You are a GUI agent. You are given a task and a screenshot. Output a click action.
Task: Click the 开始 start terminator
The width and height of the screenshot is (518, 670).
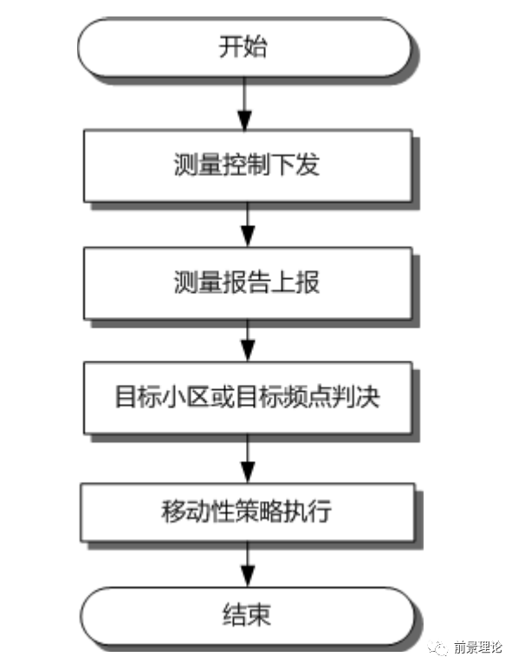click(x=244, y=48)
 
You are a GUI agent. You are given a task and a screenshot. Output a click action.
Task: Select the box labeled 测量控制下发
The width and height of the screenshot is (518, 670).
click(x=248, y=166)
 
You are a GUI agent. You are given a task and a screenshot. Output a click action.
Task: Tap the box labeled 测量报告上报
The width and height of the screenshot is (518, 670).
click(x=248, y=283)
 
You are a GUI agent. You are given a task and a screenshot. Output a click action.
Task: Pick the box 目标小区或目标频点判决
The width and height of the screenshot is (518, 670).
click(x=248, y=398)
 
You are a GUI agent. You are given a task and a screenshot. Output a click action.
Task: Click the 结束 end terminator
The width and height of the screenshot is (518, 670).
click(x=248, y=615)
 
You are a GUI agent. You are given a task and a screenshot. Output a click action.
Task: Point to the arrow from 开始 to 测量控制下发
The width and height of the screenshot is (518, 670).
click(x=244, y=104)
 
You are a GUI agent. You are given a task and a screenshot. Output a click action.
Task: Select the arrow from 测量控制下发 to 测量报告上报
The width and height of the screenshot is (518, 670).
click(x=248, y=224)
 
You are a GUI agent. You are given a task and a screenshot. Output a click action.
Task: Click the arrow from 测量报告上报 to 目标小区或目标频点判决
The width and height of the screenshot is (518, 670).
click(x=248, y=341)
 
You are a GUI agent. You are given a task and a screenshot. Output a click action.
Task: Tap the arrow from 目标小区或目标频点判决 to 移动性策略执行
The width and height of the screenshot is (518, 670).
click(x=248, y=459)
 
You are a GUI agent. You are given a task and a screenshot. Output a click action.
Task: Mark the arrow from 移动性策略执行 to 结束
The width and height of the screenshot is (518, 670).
click(x=248, y=564)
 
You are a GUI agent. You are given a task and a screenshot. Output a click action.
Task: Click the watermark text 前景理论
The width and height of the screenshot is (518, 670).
click(x=478, y=647)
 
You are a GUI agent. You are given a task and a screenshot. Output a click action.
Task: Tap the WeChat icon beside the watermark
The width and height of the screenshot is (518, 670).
click(x=437, y=647)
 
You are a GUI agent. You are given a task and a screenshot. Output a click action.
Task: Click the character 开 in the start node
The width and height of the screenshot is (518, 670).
click(x=231, y=47)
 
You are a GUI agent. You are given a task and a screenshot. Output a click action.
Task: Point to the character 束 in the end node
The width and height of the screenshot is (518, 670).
click(x=259, y=615)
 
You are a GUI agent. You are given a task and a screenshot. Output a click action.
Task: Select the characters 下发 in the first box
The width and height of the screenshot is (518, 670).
click(x=295, y=165)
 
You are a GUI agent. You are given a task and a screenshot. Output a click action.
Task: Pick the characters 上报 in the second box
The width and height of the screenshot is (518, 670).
click(x=295, y=282)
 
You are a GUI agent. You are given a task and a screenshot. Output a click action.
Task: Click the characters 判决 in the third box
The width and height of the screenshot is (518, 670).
click(x=356, y=397)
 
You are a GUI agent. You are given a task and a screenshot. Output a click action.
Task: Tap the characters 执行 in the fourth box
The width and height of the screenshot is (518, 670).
click(x=308, y=511)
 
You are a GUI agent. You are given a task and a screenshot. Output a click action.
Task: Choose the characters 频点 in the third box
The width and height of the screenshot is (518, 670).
click(x=308, y=397)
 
